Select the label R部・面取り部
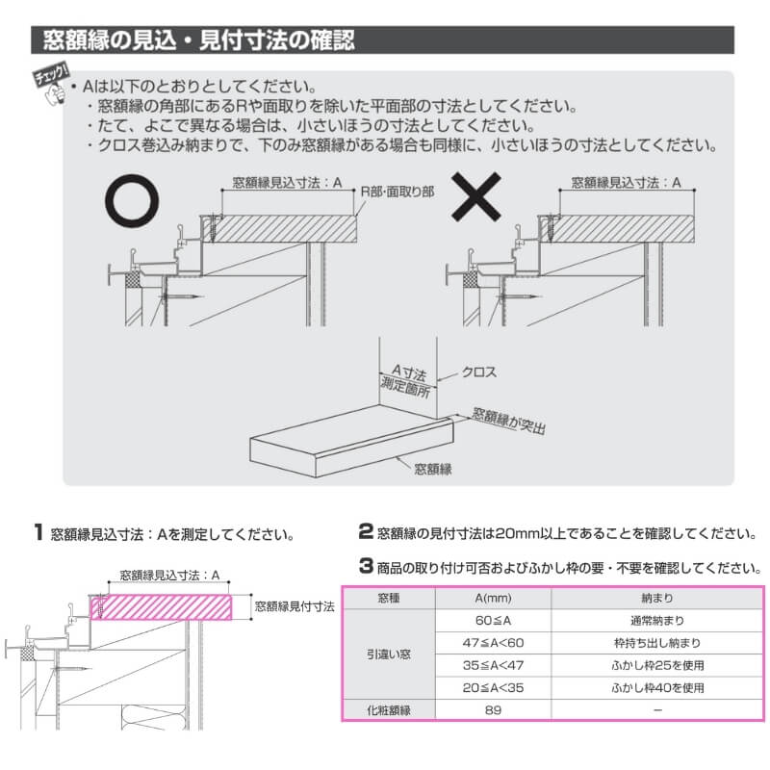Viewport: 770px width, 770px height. click(x=397, y=191)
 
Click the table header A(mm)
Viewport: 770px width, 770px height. click(x=498, y=597)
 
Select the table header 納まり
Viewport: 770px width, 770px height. click(x=656, y=597)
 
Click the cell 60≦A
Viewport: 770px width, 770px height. click(x=498, y=621)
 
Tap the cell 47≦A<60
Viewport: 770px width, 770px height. click(x=498, y=643)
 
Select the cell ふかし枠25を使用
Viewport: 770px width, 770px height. click(x=656, y=665)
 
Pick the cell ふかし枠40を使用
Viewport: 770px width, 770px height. click(x=656, y=687)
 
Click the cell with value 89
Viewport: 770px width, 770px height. click(x=498, y=710)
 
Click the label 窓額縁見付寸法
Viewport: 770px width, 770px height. click(x=295, y=607)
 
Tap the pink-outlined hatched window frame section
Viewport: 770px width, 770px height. click(x=163, y=607)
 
